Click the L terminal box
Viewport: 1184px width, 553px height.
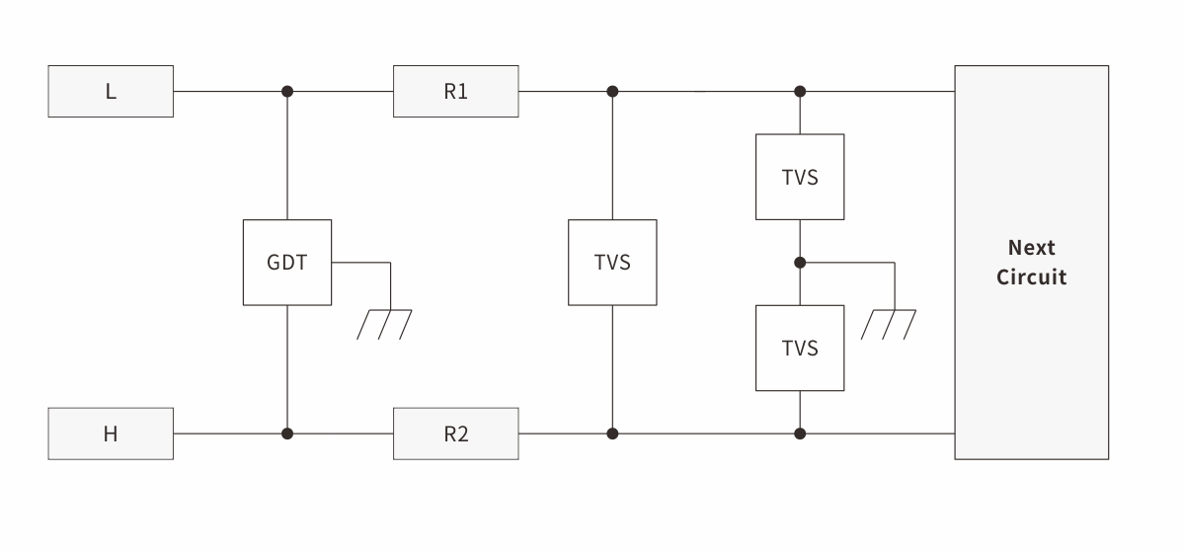pos(111,92)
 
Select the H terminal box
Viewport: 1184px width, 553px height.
pos(111,434)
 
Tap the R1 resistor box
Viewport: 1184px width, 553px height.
pos(455,92)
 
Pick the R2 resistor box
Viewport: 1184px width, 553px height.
pos(455,434)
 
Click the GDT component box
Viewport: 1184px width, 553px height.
pos(287,263)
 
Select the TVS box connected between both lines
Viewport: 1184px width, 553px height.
pos(612,263)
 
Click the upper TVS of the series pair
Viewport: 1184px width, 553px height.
pos(800,177)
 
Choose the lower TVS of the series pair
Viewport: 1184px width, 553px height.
pos(800,348)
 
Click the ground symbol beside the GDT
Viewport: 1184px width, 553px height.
pos(384,324)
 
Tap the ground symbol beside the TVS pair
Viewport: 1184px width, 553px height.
pos(888,324)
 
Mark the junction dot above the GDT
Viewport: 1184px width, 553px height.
pos(287,92)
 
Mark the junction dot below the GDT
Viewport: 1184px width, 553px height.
pos(287,434)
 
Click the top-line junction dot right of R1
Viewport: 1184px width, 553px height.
pos(612,92)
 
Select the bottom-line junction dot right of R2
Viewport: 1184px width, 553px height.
pos(612,434)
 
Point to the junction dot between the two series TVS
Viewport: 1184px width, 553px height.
pos(800,263)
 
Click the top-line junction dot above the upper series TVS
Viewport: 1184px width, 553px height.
pos(800,92)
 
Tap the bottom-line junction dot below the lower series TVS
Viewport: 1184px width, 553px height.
pos(800,434)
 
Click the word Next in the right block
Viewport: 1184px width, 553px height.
pos(1031,248)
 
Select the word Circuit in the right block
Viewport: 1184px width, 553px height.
pos(1031,276)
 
